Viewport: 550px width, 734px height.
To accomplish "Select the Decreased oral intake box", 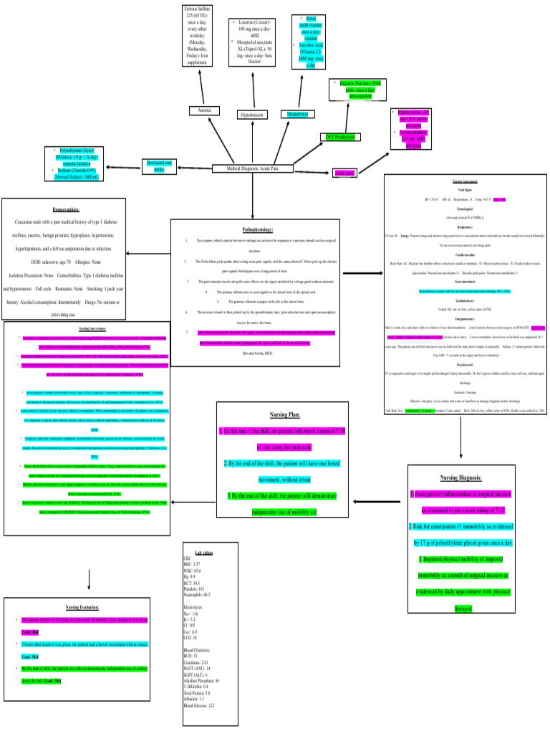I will coord(160,165).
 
